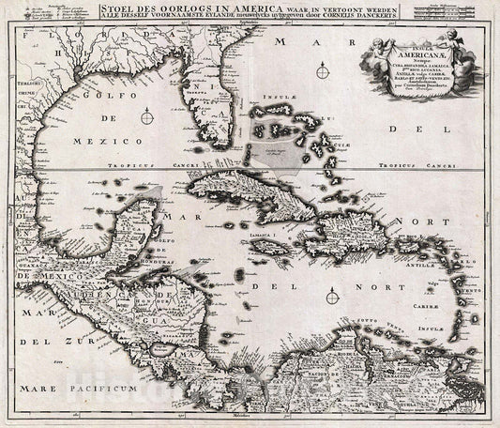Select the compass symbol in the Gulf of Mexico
pos(148,117)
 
